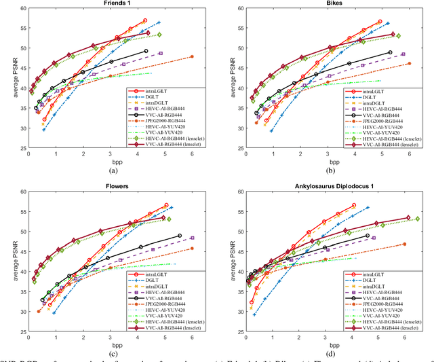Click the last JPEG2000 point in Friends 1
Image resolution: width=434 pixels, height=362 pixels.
(192, 56)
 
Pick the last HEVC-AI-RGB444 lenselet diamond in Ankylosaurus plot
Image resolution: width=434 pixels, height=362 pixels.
(417, 219)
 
